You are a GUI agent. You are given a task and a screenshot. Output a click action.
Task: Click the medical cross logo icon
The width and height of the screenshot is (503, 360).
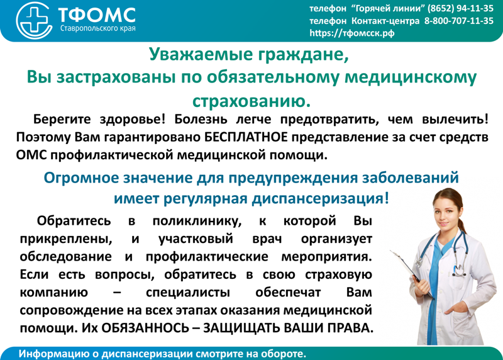point(34,20)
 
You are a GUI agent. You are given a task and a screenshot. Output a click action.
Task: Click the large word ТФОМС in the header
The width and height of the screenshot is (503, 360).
point(97,14)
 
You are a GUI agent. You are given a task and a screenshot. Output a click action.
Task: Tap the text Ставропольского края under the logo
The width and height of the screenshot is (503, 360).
point(98,28)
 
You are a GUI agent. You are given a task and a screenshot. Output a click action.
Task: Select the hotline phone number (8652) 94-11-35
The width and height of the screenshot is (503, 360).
point(460,8)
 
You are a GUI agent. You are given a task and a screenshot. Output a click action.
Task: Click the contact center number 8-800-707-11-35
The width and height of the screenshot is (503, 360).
point(459,21)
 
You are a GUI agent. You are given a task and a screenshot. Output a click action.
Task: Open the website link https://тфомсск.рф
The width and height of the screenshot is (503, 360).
point(352,33)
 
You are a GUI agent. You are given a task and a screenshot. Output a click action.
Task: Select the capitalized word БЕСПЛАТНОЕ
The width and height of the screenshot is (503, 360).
point(246,137)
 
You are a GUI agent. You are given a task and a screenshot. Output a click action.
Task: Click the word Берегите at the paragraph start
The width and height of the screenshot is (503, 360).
point(62,120)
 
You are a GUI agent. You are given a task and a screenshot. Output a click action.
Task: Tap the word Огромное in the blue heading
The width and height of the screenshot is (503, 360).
point(81,177)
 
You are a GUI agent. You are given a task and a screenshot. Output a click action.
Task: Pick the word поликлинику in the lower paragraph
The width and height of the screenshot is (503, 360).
point(197,222)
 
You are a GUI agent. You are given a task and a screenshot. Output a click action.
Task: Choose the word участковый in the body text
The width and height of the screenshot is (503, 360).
point(196,239)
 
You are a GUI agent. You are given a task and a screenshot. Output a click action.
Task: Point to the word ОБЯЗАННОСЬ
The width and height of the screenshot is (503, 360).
point(145,328)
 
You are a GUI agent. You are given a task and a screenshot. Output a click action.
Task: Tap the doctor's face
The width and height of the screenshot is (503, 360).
point(446,213)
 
